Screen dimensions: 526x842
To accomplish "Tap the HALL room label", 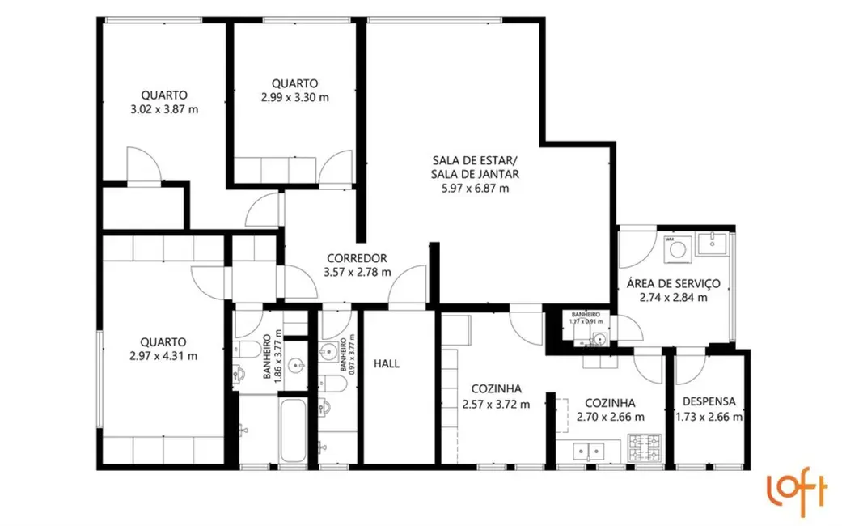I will pyautogui.click(x=387, y=364).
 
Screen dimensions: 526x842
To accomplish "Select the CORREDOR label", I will pyautogui.click(x=357, y=258).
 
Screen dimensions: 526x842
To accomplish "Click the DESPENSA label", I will pyautogui.click(x=709, y=401).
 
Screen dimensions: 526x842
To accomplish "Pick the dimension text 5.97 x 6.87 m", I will pyautogui.click(x=475, y=189).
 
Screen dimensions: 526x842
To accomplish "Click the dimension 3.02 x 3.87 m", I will pyautogui.click(x=164, y=109).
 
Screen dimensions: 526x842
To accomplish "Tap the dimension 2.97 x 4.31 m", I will pyautogui.click(x=163, y=356).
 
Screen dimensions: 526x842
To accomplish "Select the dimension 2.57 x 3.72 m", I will pyautogui.click(x=496, y=404).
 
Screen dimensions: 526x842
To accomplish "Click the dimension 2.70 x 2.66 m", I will pyautogui.click(x=610, y=417).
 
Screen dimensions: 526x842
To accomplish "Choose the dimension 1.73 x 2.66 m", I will pyautogui.click(x=709, y=417).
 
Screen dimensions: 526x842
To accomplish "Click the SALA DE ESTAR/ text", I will pyautogui.click(x=475, y=159).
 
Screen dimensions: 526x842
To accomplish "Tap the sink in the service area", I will pyautogui.click(x=713, y=241).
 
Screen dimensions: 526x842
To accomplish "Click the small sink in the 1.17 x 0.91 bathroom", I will pyautogui.click(x=599, y=337).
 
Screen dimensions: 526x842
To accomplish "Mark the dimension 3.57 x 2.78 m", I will pyautogui.click(x=357, y=272).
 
